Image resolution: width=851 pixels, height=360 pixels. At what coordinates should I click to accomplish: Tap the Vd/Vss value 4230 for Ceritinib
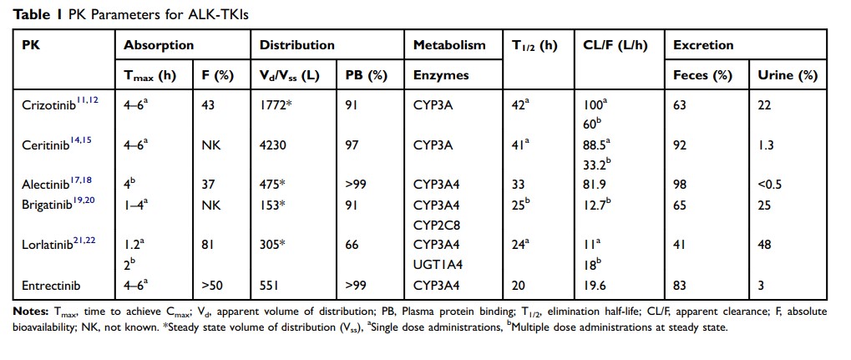click(276, 145)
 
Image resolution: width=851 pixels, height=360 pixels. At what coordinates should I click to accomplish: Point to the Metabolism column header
click(448, 45)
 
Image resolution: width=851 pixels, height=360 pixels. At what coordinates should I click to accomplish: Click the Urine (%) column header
click(787, 75)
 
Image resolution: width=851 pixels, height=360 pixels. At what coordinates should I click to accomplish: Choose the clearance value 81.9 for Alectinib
click(596, 185)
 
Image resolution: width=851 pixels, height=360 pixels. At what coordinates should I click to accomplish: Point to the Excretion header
click(703, 45)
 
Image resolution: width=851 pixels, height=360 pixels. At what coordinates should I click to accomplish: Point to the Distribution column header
click(297, 45)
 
